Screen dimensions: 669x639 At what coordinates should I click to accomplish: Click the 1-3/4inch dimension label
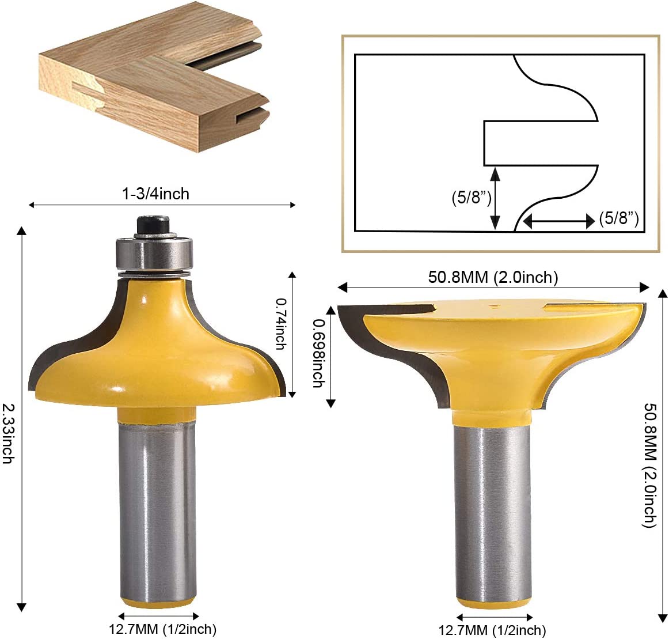[155, 194]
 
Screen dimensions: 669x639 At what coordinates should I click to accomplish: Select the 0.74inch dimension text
[280, 324]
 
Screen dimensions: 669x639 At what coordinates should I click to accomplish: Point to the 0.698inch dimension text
[318, 354]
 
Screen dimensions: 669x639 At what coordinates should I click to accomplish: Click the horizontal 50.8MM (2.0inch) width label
[493, 277]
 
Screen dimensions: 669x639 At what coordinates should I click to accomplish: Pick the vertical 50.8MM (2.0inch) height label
[649, 466]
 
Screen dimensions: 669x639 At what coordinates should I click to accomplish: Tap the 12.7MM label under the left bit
[162, 629]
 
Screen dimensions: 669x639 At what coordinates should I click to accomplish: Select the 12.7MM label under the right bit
[492, 630]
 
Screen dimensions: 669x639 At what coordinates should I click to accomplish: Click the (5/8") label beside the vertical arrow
[472, 198]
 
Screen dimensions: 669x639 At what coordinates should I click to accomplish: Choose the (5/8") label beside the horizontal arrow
[619, 218]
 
